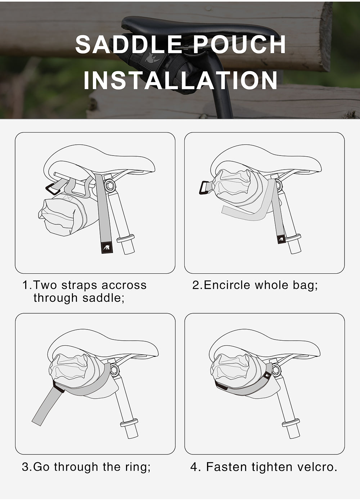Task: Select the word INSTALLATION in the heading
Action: [x=180, y=80]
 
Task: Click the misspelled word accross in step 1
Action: [x=124, y=285]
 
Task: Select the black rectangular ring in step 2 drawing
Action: [x=205, y=187]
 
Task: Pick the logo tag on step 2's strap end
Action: [x=281, y=238]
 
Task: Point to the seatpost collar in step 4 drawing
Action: [x=291, y=422]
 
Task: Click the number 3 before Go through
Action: [x=25, y=467]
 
